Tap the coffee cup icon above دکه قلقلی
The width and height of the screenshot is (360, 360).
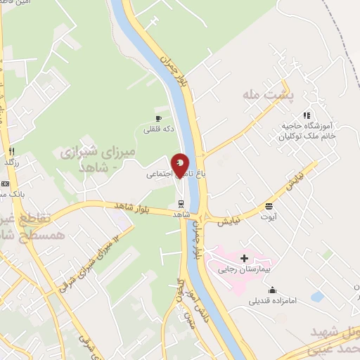(158, 118)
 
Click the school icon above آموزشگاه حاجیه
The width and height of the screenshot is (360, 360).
(306, 115)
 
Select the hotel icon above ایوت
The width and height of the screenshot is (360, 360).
(269, 206)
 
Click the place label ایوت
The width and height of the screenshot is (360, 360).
(269, 216)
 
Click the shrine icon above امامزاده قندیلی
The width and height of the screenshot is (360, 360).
(272, 290)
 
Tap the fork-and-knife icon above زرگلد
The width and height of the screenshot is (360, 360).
(12, 151)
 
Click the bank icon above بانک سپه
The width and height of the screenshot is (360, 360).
(6, 184)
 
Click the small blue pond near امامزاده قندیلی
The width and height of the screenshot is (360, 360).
(316, 297)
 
